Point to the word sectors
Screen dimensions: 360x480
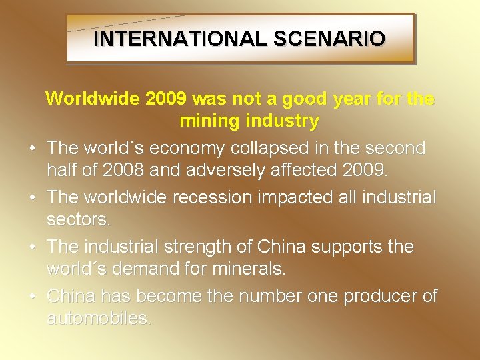pos(75,219)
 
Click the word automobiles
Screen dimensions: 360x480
pos(99,318)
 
